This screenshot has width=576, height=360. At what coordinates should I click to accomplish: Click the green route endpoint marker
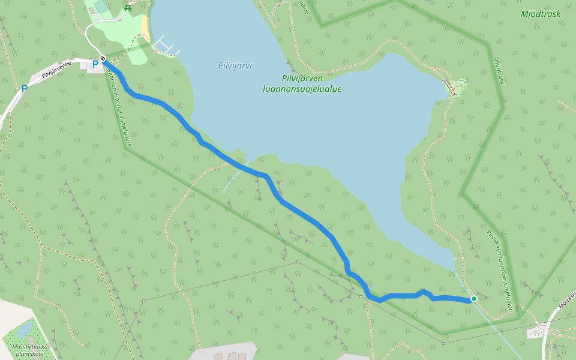(473, 298)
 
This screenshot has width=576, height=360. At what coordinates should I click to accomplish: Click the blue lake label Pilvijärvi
(235, 65)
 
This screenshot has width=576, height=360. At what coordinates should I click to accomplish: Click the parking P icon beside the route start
(95, 64)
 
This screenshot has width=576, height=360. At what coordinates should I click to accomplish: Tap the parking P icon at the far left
(25, 89)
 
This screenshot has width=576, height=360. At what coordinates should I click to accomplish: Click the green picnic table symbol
(127, 8)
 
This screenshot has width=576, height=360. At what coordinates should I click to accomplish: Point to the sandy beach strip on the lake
(145, 26)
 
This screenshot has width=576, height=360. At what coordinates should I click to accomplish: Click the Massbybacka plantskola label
(29, 350)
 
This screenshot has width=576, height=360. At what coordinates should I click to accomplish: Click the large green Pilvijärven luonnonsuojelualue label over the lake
(302, 83)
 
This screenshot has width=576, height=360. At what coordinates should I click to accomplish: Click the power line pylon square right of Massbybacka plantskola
(143, 301)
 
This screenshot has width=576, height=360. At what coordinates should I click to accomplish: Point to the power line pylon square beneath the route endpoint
(443, 343)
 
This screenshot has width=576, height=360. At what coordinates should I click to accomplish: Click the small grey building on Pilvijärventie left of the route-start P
(94, 70)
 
